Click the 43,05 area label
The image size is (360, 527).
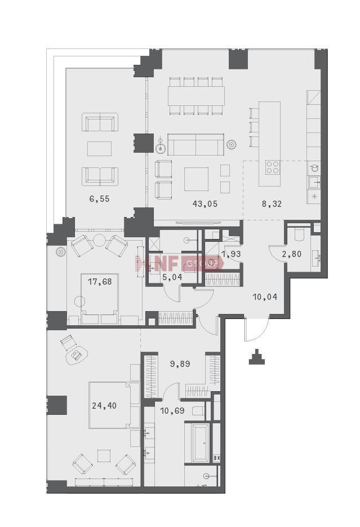pyautogui.click(x=205, y=203)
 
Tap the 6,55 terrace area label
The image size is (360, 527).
pyautogui.click(x=99, y=199)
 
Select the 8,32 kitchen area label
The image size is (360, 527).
pyautogui.click(x=272, y=203)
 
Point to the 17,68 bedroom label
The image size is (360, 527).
pyautogui.click(x=100, y=281)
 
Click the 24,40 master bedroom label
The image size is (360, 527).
pyautogui.click(x=104, y=406)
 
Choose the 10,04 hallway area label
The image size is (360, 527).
pyautogui.click(x=265, y=297)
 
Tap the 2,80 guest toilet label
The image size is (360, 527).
pyautogui.click(x=291, y=254)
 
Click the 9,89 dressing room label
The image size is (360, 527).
pyautogui.click(x=180, y=364)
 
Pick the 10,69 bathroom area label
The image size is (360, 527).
pyautogui.click(x=172, y=410)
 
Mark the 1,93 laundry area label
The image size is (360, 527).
pyautogui.click(x=232, y=254)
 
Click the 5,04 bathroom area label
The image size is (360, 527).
pyautogui.click(x=172, y=277)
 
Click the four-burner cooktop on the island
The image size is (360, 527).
pyautogui.click(x=272, y=167)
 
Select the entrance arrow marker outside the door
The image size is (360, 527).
pyautogui.click(x=257, y=357)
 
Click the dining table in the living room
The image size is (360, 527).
pyautogui.click(x=197, y=96)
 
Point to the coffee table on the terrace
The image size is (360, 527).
pyautogui.click(x=99, y=149)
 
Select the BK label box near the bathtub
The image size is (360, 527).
pyautogui.click(x=217, y=458)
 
